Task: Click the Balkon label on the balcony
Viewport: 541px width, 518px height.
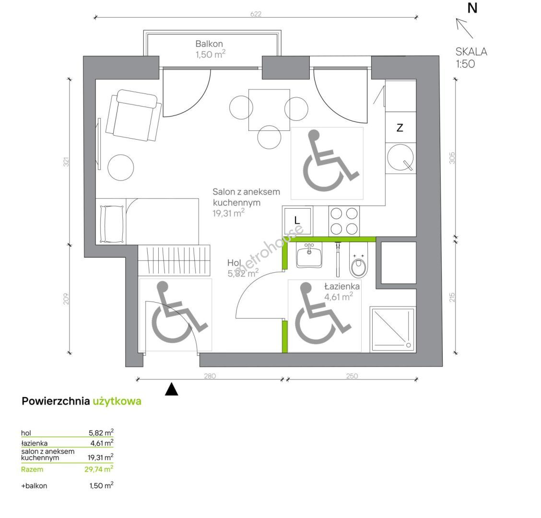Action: point(209,44)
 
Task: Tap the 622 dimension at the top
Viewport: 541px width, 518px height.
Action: point(256,14)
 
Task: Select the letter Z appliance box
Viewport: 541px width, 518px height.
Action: point(400,128)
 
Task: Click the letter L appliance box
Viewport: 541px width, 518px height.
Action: point(297,220)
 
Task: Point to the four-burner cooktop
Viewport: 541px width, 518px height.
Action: point(344,221)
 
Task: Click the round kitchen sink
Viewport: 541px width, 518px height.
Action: point(400,157)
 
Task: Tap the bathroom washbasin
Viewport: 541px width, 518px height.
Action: point(309,255)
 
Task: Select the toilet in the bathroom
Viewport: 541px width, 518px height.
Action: point(359,260)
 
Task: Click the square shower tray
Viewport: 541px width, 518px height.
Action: point(393,329)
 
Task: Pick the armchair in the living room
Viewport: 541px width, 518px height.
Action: point(133,115)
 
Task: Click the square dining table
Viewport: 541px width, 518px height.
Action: point(269,110)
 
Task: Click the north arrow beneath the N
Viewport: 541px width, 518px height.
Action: point(464,28)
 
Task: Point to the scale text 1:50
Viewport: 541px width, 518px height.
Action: point(465,64)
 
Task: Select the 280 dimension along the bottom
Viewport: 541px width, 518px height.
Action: point(210,376)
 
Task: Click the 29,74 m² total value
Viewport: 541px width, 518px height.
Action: point(99,469)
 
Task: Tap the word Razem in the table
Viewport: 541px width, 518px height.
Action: point(32,470)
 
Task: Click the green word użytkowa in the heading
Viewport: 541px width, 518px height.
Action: point(117,401)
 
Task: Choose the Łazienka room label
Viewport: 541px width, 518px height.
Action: point(342,286)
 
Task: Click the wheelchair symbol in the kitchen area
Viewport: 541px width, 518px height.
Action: point(327,163)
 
